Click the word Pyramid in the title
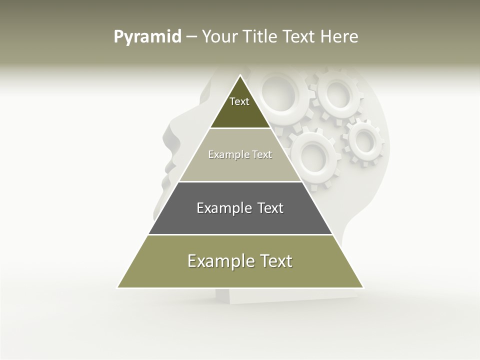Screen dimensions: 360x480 147,37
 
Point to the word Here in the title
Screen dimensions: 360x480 339,36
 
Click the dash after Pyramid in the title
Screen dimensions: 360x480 191,37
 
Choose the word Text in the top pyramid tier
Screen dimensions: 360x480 239,101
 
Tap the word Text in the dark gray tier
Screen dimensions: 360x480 270,208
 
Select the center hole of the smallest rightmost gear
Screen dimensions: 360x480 364,141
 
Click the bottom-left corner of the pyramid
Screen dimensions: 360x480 117,287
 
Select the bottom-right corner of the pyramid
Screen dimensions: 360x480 363,287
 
